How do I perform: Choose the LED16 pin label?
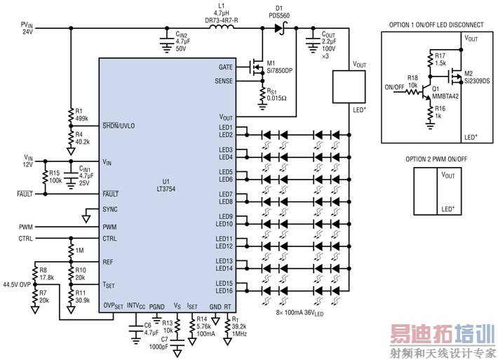click(225, 291)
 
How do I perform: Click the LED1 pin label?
click(225, 127)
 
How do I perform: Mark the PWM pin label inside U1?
click(109, 227)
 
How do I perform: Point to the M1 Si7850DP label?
click(274, 67)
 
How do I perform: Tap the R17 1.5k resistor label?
click(440, 59)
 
